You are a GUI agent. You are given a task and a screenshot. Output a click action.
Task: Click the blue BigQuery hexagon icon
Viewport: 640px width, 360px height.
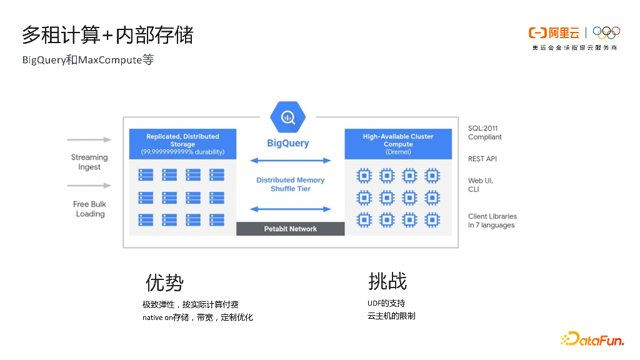[288, 116]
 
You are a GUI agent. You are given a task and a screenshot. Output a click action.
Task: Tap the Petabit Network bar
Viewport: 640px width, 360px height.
[290, 229]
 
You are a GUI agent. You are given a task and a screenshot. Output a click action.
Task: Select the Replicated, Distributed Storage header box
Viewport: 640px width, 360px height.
[182, 144]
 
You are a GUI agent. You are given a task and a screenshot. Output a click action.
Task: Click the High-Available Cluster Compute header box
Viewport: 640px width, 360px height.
[398, 144]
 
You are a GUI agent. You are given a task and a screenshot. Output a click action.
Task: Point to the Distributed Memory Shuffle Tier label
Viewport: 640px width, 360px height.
[291, 184]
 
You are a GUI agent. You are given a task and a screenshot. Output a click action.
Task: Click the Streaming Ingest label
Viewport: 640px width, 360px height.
[89, 162]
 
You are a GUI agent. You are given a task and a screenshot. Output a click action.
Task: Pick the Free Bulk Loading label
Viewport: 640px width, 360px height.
[90, 209]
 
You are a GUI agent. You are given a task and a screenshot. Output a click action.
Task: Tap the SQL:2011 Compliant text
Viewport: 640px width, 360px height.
[485, 132]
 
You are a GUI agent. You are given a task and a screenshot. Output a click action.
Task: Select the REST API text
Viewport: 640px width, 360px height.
[482, 159]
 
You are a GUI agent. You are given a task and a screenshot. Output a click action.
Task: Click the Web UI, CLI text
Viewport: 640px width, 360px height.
[481, 185]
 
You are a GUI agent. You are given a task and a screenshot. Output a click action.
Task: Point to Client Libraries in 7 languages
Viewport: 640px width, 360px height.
[492, 221]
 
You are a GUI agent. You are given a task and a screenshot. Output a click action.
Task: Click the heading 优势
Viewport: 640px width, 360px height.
[164, 282]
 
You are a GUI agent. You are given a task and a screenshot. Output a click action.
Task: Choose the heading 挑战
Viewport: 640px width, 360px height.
[387, 281]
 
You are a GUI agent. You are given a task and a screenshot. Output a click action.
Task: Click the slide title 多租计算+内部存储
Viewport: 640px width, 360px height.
[107, 35]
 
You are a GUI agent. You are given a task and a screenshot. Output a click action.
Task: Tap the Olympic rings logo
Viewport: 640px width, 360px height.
[606, 32]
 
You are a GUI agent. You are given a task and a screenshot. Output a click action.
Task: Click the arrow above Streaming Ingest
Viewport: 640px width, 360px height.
[89, 139]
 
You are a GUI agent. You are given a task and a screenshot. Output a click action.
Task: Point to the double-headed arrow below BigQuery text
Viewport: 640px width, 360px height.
[291, 161]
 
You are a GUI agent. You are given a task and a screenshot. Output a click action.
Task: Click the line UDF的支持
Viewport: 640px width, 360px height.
[386, 303]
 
